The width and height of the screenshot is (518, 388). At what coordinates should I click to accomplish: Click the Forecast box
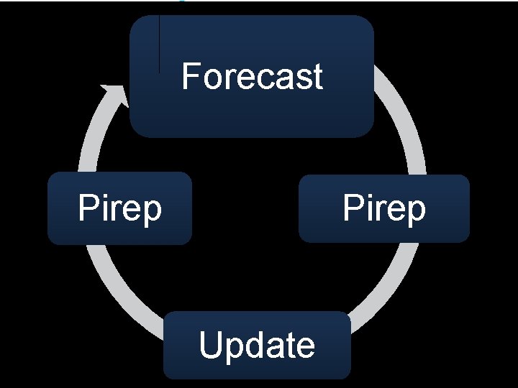click(252, 108)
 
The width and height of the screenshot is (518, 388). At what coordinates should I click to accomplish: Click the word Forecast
click(252, 76)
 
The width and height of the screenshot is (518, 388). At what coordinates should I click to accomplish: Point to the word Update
click(257, 346)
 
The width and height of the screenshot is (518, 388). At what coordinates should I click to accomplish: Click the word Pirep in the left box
click(119, 209)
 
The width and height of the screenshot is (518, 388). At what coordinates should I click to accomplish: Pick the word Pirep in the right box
click(384, 209)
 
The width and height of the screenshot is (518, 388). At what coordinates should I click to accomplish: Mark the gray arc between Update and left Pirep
click(122, 295)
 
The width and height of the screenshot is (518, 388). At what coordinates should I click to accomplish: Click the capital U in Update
click(210, 346)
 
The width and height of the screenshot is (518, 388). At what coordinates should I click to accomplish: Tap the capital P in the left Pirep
click(88, 208)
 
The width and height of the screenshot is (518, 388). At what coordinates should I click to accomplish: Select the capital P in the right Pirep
click(353, 208)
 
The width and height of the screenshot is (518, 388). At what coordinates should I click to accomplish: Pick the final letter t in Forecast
click(317, 77)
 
